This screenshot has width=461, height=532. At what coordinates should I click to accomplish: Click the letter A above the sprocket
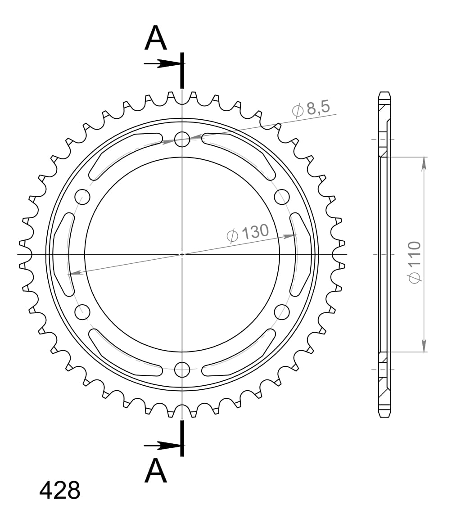click(156, 38)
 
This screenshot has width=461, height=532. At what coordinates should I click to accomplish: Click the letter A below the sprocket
click(156, 470)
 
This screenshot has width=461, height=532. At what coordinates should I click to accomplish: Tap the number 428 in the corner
click(60, 490)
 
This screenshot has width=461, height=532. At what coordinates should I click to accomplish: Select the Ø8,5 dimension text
click(311, 109)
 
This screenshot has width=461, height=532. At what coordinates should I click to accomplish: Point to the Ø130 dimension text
click(248, 233)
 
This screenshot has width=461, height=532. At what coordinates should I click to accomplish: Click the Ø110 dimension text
click(414, 262)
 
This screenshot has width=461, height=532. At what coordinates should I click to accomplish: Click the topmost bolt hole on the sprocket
click(182, 139)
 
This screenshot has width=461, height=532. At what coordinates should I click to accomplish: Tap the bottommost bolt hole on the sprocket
click(182, 369)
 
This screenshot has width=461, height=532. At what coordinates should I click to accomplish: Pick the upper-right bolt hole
click(282, 197)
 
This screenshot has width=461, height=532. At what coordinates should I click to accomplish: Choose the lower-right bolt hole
click(282, 311)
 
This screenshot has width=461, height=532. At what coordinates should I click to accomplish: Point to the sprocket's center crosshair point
click(182, 254)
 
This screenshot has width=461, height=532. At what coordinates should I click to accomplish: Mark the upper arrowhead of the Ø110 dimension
click(424, 164)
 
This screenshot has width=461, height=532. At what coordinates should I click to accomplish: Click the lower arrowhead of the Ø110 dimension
click(424, 345)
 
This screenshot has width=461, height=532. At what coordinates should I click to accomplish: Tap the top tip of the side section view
click(384, 93)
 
